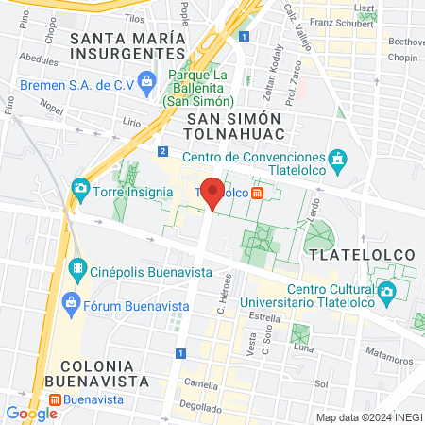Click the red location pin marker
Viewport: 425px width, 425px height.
coord(213,194)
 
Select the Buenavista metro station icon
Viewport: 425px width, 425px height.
coord(56,399)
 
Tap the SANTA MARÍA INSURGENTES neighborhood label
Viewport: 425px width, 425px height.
coord(119,46)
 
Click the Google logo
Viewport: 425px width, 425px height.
coord(31,413)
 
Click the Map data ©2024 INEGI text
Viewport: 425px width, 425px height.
coord(368,416)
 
